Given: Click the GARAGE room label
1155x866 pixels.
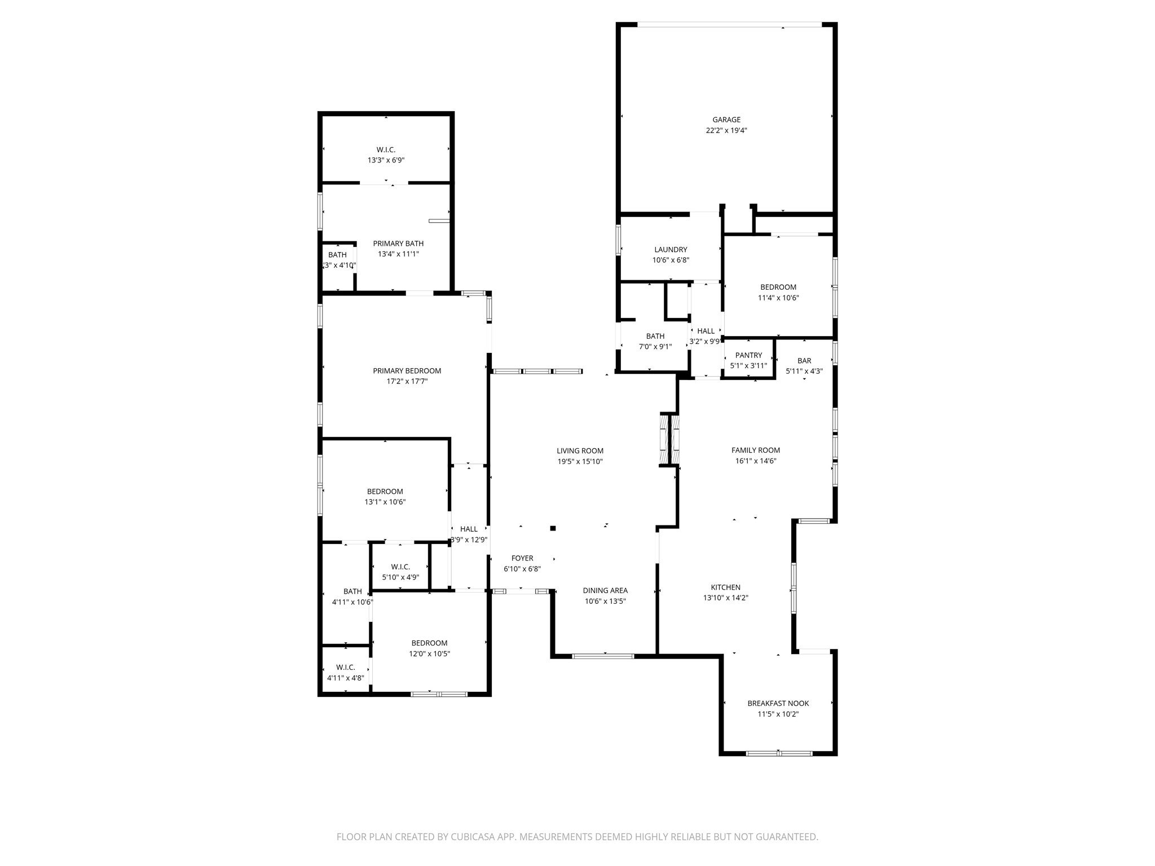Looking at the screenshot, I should (x=726, y=120).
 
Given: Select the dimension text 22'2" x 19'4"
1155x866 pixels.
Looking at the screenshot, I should (x=726, y=130).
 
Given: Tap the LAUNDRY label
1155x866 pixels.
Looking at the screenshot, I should (x=671, y=250).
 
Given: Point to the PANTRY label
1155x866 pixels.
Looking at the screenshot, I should (x=748, y=355).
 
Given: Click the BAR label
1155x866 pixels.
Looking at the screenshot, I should (x=804, y=361).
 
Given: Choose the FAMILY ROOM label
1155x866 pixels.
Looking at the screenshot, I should (x=755, y=450).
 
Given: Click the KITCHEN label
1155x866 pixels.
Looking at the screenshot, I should (x=725, y=587).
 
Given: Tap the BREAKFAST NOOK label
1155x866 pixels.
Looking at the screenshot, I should (x=778, y=703).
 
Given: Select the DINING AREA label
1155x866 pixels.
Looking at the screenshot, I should (x=605, y=590).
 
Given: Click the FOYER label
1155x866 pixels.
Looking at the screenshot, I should (x=522, y=558).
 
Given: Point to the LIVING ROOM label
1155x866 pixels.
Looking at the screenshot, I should (x=580, y=450).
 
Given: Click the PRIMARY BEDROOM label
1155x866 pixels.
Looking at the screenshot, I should (x=407, y=371).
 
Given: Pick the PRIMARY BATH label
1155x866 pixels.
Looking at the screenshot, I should (x=398, y=244).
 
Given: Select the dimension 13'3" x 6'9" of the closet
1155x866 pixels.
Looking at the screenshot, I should (x=386, y=160).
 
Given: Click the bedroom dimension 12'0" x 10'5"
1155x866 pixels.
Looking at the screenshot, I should (x=429, y=654).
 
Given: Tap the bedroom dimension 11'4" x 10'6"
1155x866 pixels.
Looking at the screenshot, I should (x=778, y=298).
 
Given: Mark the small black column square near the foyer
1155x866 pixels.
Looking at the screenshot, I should (x=553, y=528).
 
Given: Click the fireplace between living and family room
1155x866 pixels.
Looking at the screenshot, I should (x=669, y=440).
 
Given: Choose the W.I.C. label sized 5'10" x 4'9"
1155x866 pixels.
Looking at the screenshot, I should (x=400, y=567).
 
